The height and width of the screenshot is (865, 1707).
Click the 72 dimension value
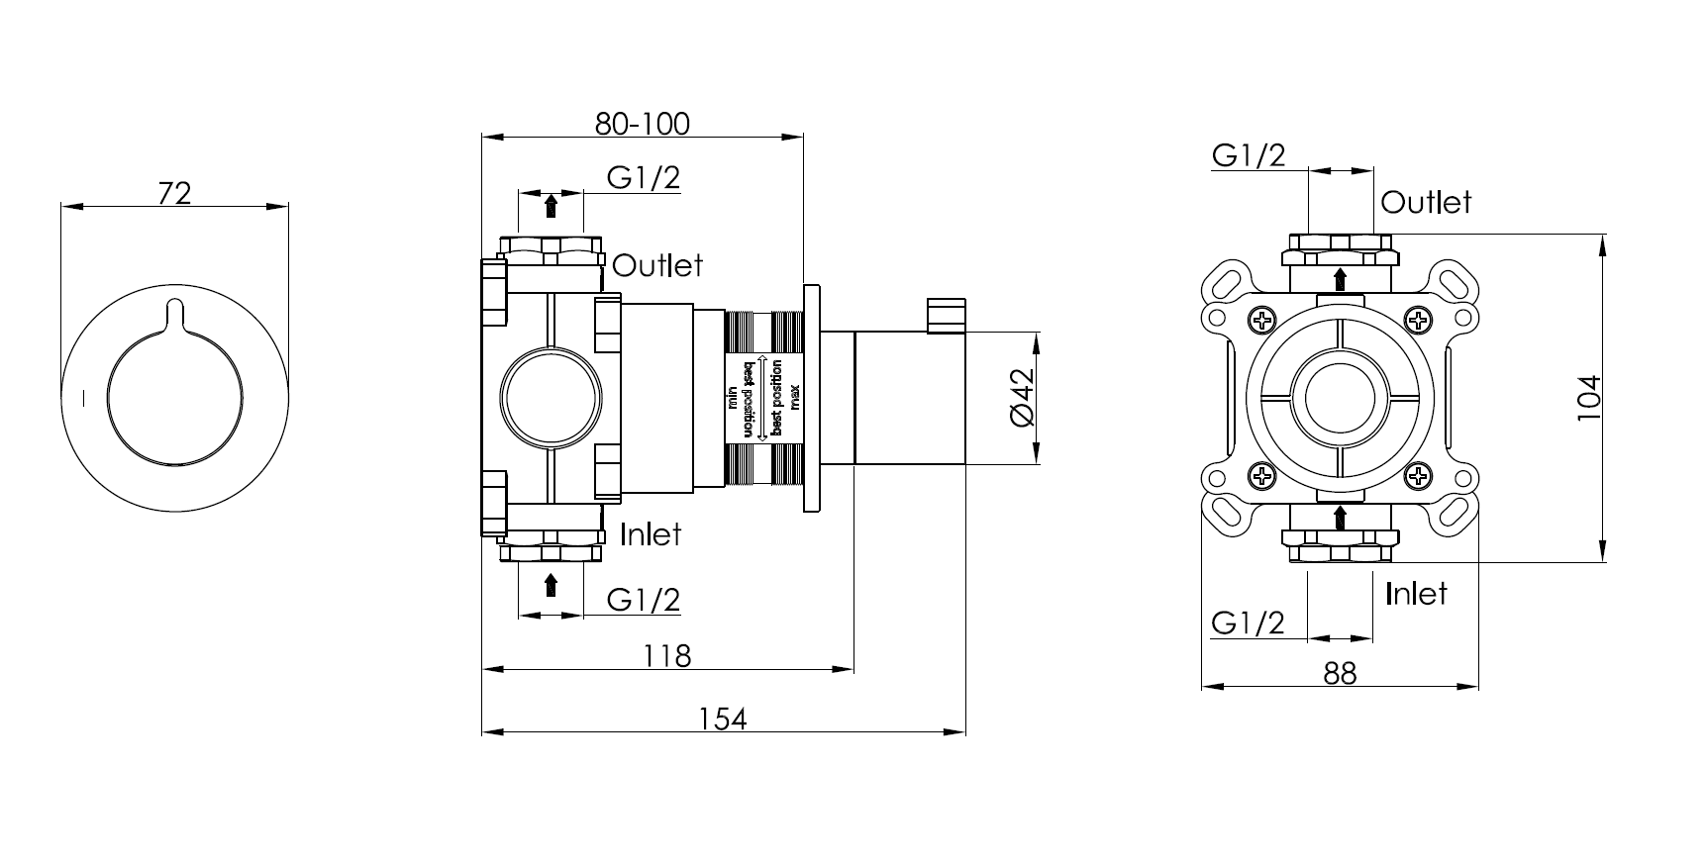174,192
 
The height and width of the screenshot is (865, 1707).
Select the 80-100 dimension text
642,124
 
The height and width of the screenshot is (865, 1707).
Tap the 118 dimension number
666,655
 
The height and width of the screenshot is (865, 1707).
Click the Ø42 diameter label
1021,398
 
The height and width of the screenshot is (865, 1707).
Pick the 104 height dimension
1588,398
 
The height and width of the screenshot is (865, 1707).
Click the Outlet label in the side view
657,265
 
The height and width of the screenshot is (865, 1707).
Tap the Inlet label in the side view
651,534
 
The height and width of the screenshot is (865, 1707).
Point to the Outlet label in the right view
1426,203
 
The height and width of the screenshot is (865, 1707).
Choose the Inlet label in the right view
1416,594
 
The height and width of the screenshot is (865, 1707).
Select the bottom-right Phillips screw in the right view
1419,476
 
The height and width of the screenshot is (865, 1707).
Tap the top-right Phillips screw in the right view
1419,320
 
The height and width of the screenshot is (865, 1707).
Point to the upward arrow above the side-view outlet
551,206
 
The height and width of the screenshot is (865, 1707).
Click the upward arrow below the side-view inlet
551,585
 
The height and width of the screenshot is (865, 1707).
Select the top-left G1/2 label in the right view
1249,155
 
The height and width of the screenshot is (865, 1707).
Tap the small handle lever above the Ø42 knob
946,314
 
